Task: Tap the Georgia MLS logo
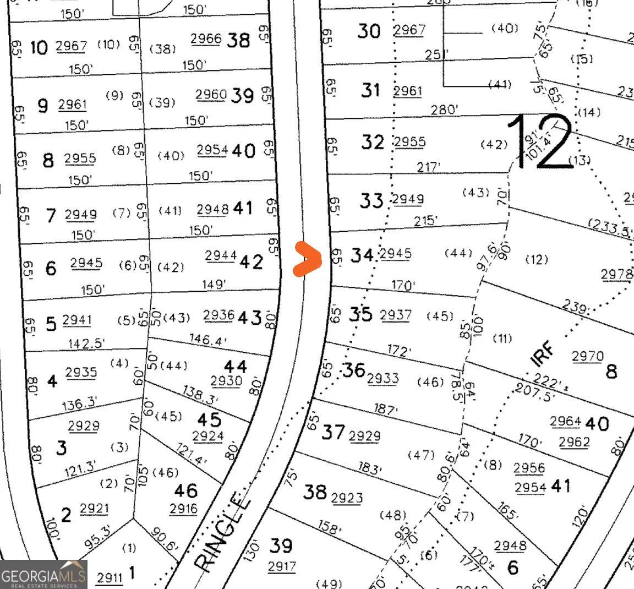43,575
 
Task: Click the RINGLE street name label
223,532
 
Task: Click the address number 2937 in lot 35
395,314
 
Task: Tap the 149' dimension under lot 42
213,284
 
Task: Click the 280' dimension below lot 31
444,110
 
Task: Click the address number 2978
616,274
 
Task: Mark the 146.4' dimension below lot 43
207,340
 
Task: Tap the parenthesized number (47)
421,455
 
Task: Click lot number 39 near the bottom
281,546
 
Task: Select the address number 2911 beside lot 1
110,577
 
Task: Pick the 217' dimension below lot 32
428,166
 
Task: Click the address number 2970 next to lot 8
587,356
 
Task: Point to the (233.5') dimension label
610,226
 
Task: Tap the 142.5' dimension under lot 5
86,343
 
